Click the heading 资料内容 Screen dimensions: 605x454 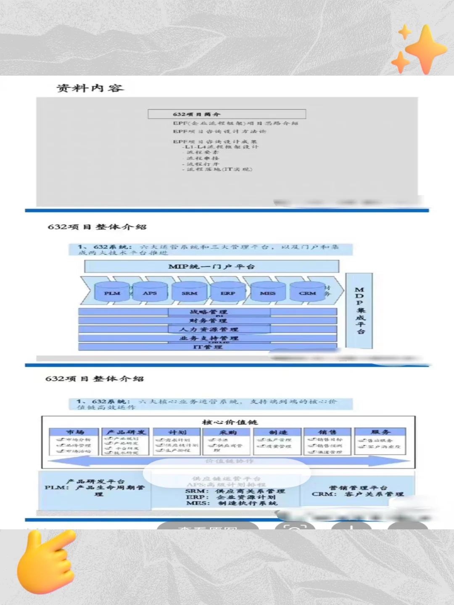coord(90,88)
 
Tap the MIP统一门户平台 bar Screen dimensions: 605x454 coord(211,266)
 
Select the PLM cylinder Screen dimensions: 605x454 coord(112,292)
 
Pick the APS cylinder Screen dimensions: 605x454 coord(150,292)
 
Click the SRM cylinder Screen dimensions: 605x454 coord(189,292)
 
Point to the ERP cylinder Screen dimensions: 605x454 coord(228,292)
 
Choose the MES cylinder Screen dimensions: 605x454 coord(267,292)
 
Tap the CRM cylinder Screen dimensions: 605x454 coord(307,292)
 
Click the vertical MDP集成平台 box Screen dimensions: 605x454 coord(359,310)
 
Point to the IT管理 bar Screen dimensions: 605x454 coord(208,347)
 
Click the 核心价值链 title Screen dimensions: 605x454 coord(230,422)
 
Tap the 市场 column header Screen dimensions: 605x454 coord(74,432)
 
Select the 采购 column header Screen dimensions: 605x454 coord(227,432)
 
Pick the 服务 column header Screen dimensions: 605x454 coord(380,432)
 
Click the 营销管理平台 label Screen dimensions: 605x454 coord(358,488)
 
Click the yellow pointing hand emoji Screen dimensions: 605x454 coord(44,561)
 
